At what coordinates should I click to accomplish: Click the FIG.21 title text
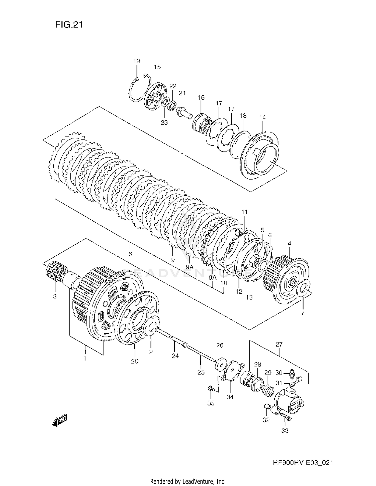click(x=69, y=25)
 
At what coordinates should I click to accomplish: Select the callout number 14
click(x=262, y=117)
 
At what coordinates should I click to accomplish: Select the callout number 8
click(x=130, y=254)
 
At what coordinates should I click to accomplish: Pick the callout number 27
click(x=279, y=345)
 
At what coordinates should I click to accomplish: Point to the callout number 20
click(x=135, y=361)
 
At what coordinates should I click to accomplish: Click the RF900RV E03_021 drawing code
click(x=303, y=463)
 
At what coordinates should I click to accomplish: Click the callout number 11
click(x=244, y=212)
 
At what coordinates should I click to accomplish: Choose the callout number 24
click(x=175, y=356)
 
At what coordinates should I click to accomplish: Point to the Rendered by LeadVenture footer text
click(x=188, y=481)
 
